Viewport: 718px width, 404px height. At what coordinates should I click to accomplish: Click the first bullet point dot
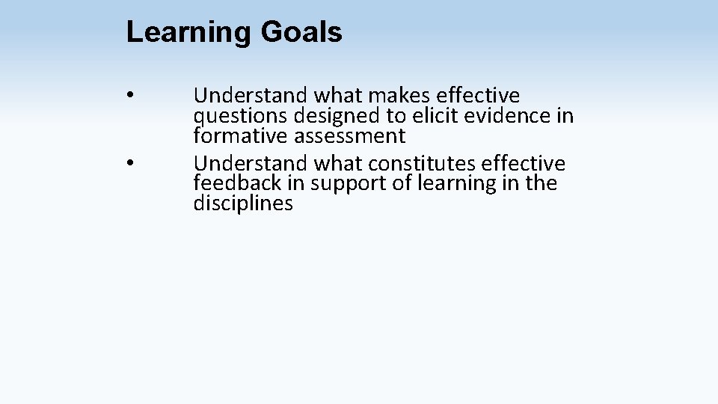tap(130, 96)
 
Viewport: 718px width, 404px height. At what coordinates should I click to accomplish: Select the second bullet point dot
tap(130, 163)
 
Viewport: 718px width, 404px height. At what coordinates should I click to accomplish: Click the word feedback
tap(239, 183)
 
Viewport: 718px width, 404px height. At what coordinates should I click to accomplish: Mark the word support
tap(342, 183)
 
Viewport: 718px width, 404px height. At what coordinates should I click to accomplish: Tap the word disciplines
tap(243, 203)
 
